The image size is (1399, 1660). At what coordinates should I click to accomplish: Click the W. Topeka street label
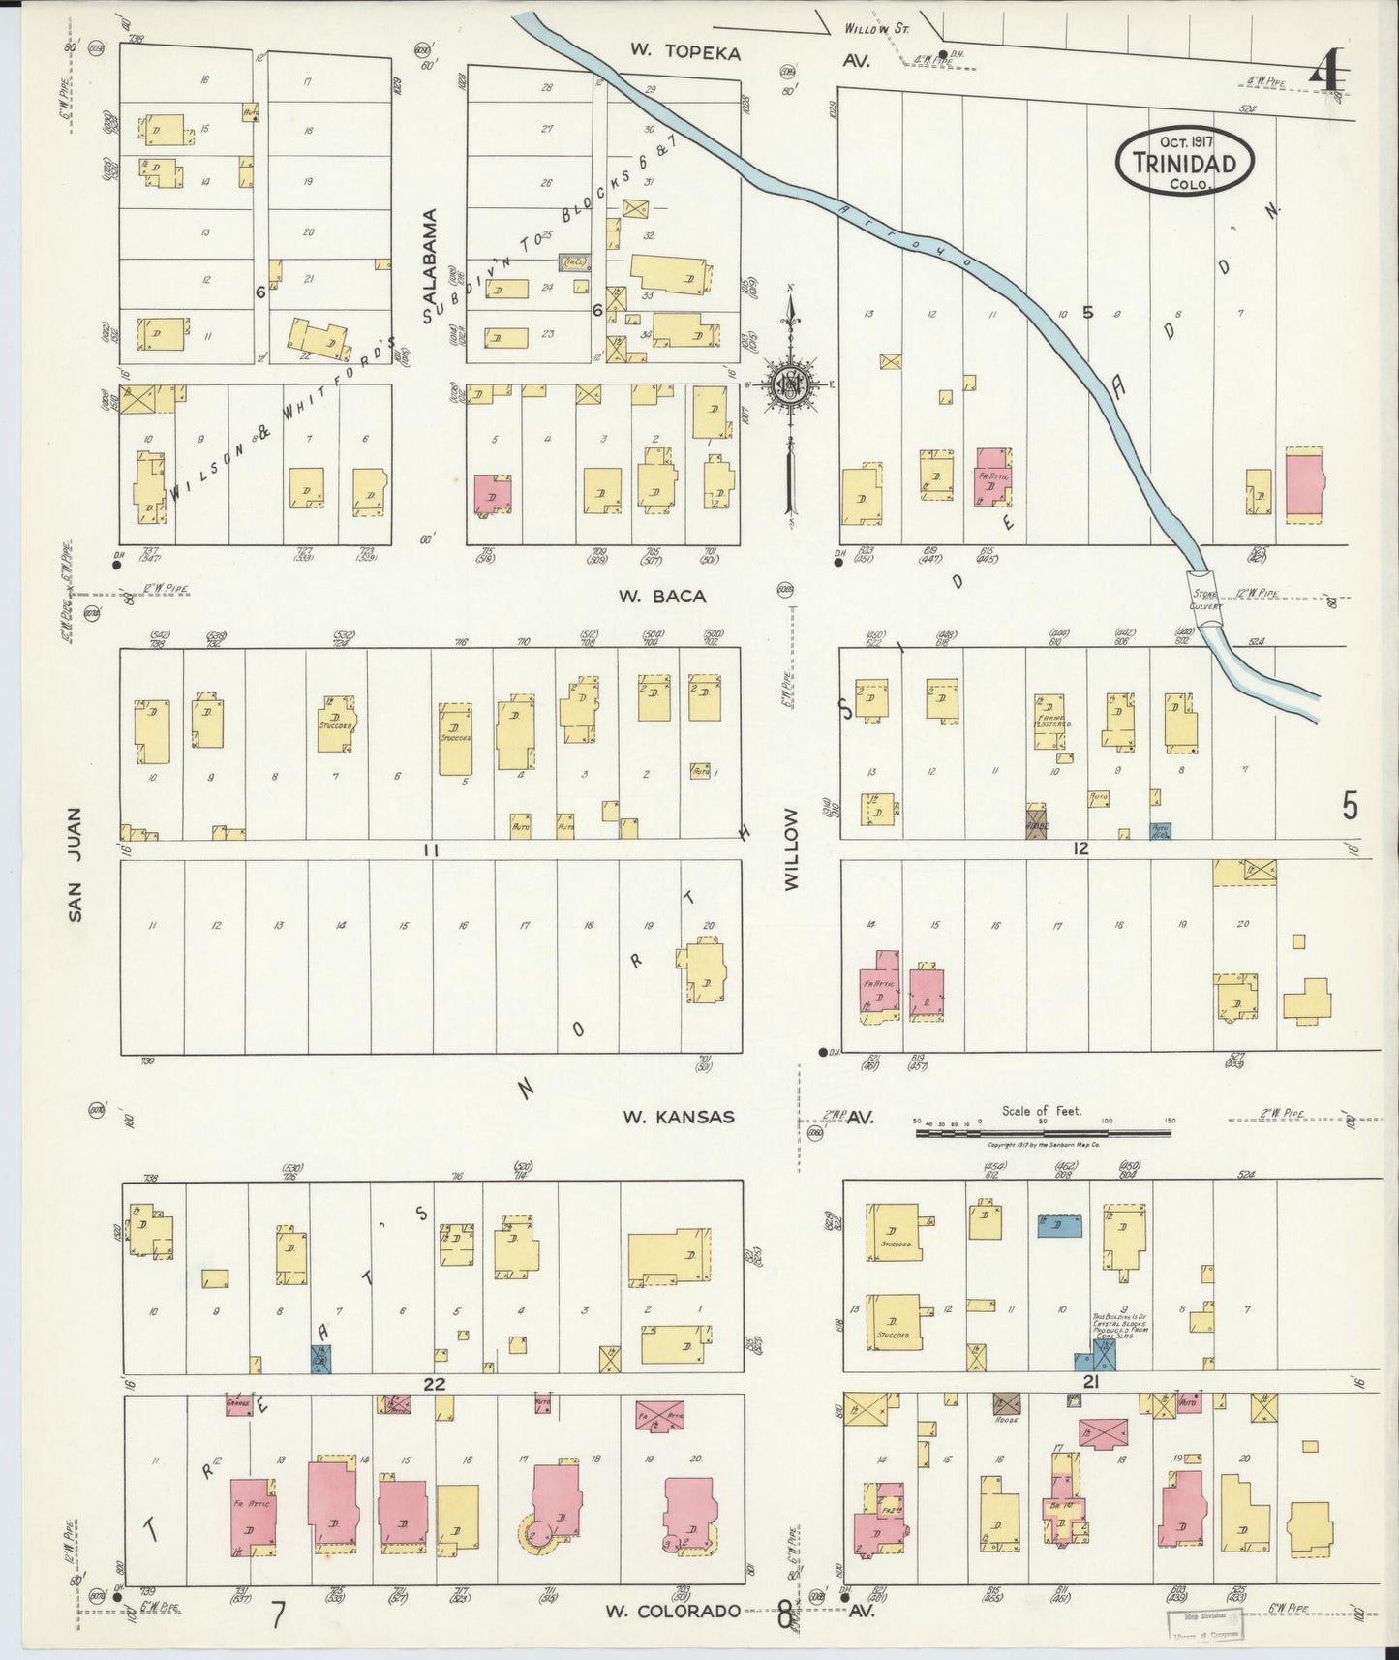(x=684, y=52)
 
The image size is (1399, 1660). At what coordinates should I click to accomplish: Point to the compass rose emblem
(x=791, y=385)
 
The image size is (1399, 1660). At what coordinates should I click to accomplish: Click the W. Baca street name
(x=664, y=596)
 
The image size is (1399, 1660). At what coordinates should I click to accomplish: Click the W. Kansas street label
(x=678, y=1117)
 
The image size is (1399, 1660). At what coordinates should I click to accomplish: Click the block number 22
(x=433, y=1383)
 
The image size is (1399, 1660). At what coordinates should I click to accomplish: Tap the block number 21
(x=1090, y=1383)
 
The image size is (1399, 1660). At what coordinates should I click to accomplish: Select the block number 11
(x=431, y=849)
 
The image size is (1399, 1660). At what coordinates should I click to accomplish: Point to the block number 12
(x=1080, y=848)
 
